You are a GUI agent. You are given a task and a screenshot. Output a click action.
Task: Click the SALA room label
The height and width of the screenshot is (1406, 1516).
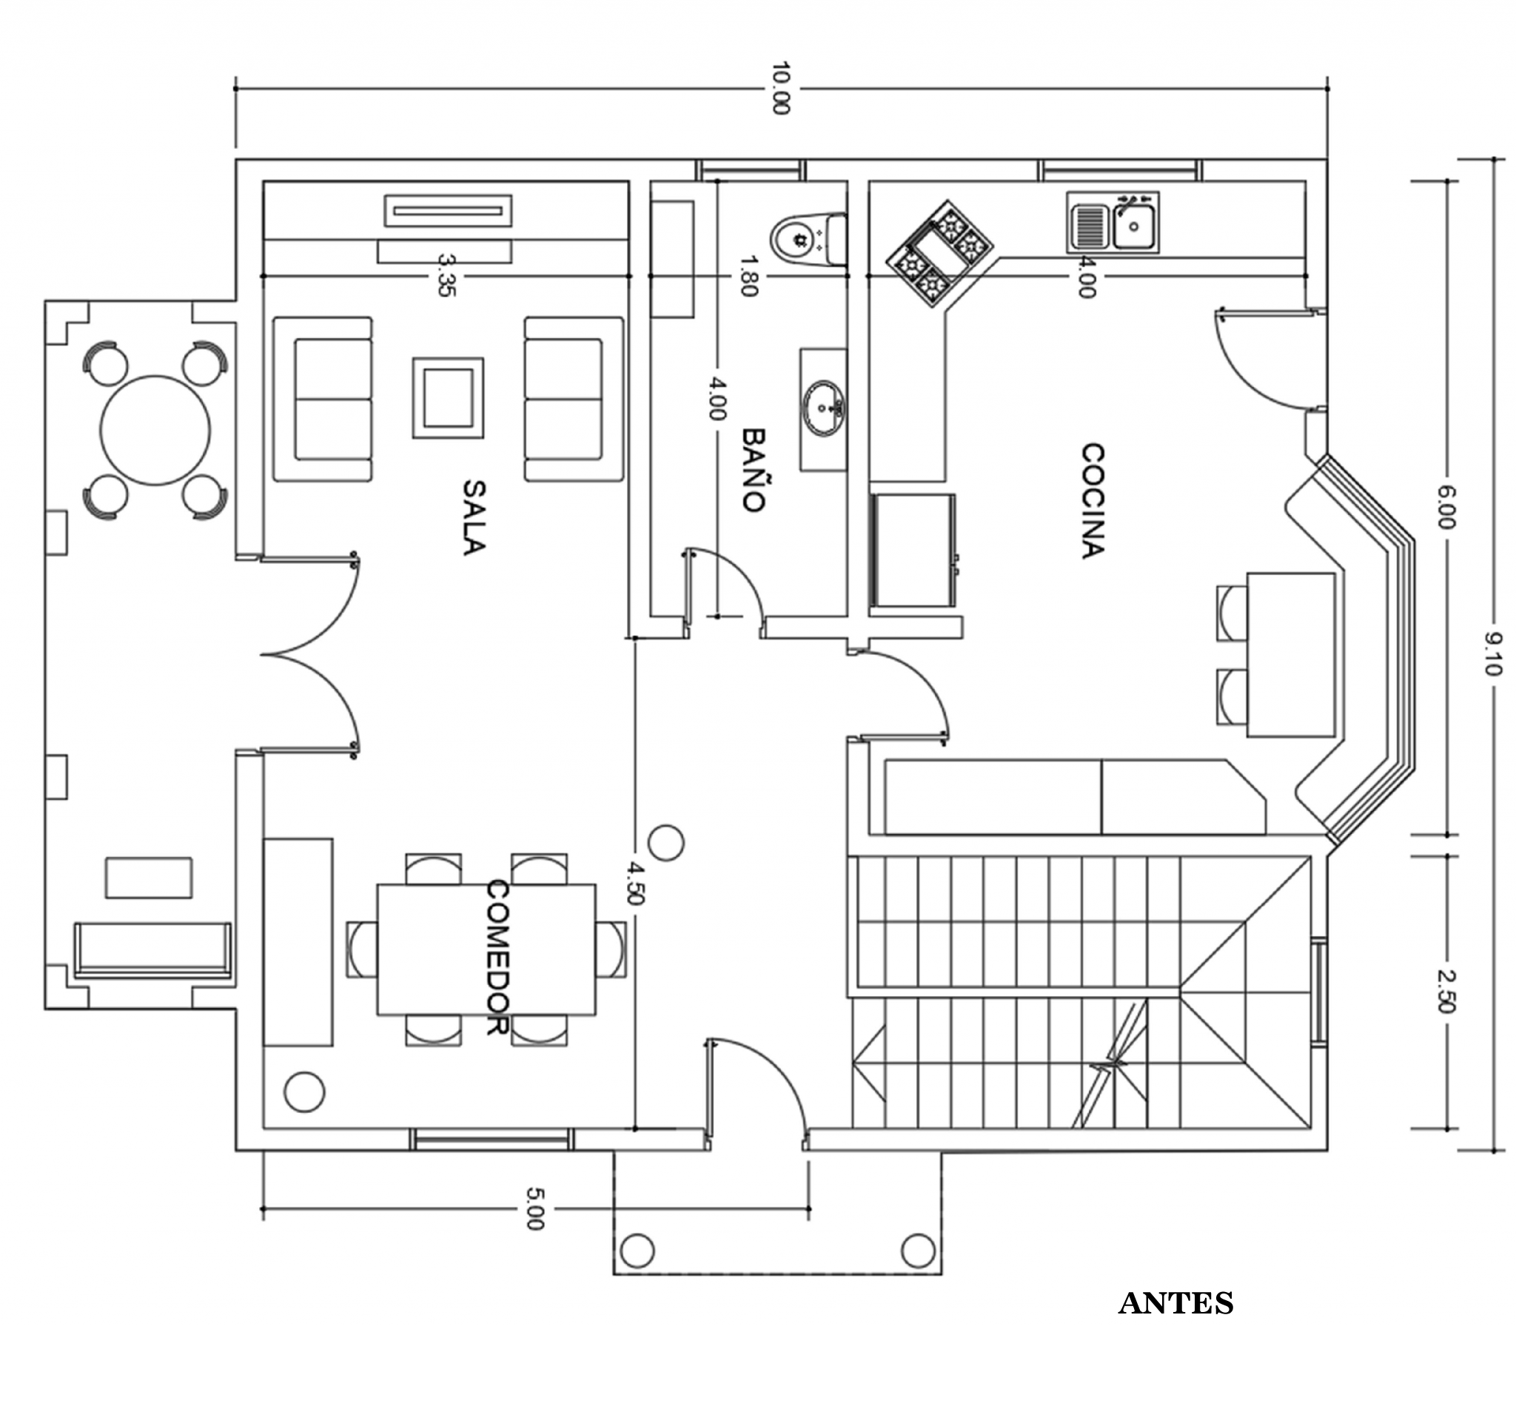pos(473,517)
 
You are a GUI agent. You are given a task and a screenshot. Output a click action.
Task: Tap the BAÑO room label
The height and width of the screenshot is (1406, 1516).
pos(753,470)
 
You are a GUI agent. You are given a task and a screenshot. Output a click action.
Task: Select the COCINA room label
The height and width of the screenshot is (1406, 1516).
pos(1092,502)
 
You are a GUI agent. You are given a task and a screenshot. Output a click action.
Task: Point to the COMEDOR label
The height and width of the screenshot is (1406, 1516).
pos(497,957)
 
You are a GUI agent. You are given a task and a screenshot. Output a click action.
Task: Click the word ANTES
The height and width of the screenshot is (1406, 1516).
pos(1175,1304)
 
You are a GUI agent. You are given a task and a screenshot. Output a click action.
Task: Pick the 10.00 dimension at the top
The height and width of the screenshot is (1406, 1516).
pos(781,88)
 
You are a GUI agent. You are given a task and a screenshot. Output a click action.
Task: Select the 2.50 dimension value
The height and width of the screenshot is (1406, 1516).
pos(1446,992)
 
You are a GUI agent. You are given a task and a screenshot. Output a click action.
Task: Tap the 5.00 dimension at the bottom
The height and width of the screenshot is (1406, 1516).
pos(535,1208)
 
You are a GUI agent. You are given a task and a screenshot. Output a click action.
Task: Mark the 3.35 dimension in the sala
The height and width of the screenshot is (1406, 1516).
pos(447,275)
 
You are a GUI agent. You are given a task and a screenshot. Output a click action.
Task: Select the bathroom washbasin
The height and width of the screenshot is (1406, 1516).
pos(823,408)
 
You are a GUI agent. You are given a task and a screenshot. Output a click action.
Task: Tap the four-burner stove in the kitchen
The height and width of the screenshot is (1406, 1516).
pos(939,253)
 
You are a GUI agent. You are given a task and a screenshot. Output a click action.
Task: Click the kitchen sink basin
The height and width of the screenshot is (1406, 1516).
pos(1134,226)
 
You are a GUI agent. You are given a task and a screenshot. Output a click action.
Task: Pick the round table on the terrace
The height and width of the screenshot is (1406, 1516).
pos(155,431)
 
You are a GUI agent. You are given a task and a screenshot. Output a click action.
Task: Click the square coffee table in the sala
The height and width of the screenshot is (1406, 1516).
pos(449,398)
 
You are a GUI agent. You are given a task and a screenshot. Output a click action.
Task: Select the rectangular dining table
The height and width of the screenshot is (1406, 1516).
pos(486,949)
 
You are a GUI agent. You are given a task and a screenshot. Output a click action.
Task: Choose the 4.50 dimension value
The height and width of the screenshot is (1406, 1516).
pos(635,883)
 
